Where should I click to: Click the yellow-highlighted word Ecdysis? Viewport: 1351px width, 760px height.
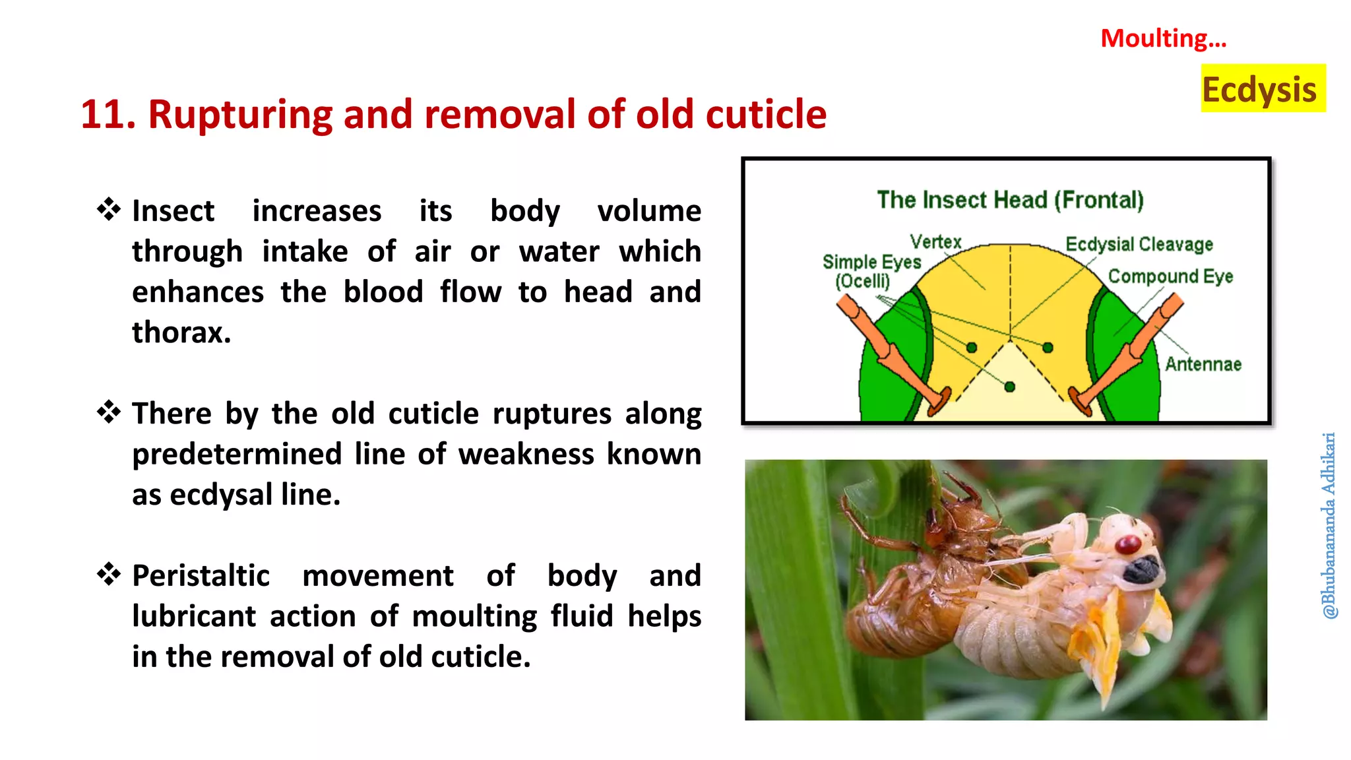click(x=1259, y=90)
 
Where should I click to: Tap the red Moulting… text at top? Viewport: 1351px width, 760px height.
click(x=1163, y=38)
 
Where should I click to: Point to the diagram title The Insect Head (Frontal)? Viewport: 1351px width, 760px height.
click(x=1010, y=200)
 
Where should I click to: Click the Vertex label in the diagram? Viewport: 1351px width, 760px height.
click(x=935, y=242)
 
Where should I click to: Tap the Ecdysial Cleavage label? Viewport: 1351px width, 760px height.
click(x=1139, y=244)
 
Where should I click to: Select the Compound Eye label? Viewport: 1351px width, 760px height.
click(x=1170, y=276)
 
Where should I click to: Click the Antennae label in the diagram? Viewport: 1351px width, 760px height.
click(x=1203, y=364)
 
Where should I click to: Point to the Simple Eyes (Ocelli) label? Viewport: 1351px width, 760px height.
click(x=871, y=271)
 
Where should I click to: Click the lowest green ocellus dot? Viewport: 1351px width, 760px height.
click(x=1009, y=387)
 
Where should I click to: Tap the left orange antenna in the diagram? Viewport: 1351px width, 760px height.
click(x=891, y=356)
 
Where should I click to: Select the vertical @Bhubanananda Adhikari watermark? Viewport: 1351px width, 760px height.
click(x=1329, y=525)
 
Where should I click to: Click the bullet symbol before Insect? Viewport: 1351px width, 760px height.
click(x=109, y=210)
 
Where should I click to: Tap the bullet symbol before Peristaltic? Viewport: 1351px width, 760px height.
click(x=109, y=575)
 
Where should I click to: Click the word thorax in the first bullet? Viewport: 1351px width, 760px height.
click(x=181, y=332)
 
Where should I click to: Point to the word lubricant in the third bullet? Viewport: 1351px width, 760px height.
click(x=193, y=617)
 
